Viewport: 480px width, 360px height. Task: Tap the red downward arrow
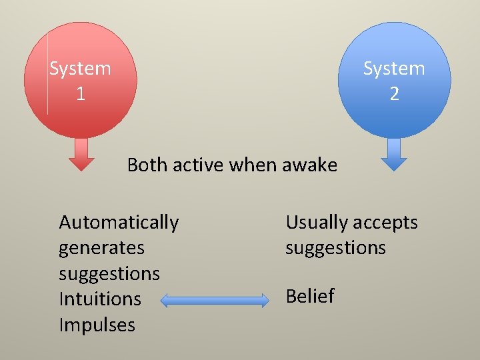pos(82,155)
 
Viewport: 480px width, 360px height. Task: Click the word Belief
pos(310,296)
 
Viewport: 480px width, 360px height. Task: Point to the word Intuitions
pos(100,299)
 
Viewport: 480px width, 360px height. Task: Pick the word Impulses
pos(97,325)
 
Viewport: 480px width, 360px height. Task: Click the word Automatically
pos(119,222)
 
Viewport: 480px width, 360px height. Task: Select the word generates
pos(101,247)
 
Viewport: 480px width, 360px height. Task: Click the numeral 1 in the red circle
pos(81,94)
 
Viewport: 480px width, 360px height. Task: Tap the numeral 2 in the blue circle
pos(394,94)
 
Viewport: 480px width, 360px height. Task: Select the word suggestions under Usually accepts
pos(335,248)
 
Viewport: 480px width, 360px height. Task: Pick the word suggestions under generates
pos(109,273)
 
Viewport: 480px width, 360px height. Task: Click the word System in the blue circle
pos(394,69)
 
